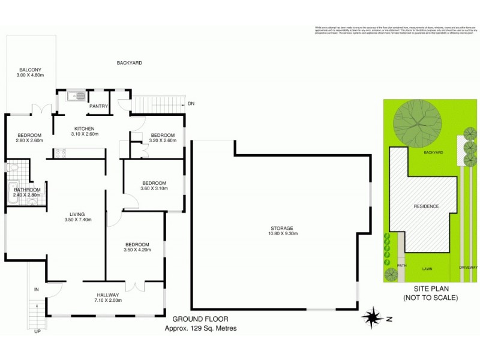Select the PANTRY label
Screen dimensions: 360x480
(98, 106)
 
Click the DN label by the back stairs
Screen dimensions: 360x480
(191, 104)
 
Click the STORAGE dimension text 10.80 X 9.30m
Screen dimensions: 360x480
(281, 234)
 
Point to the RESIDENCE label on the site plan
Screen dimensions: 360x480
(427, 206)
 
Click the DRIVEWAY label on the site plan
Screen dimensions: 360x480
(468, 268)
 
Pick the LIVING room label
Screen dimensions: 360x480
(76, 214)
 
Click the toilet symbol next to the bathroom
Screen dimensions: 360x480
(11, 167)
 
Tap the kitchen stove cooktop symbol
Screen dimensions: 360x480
(60, 153)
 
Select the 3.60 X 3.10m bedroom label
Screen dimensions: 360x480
(154, 188)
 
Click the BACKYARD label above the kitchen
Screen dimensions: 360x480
(129, 62)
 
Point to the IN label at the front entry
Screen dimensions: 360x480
(36, 290)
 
